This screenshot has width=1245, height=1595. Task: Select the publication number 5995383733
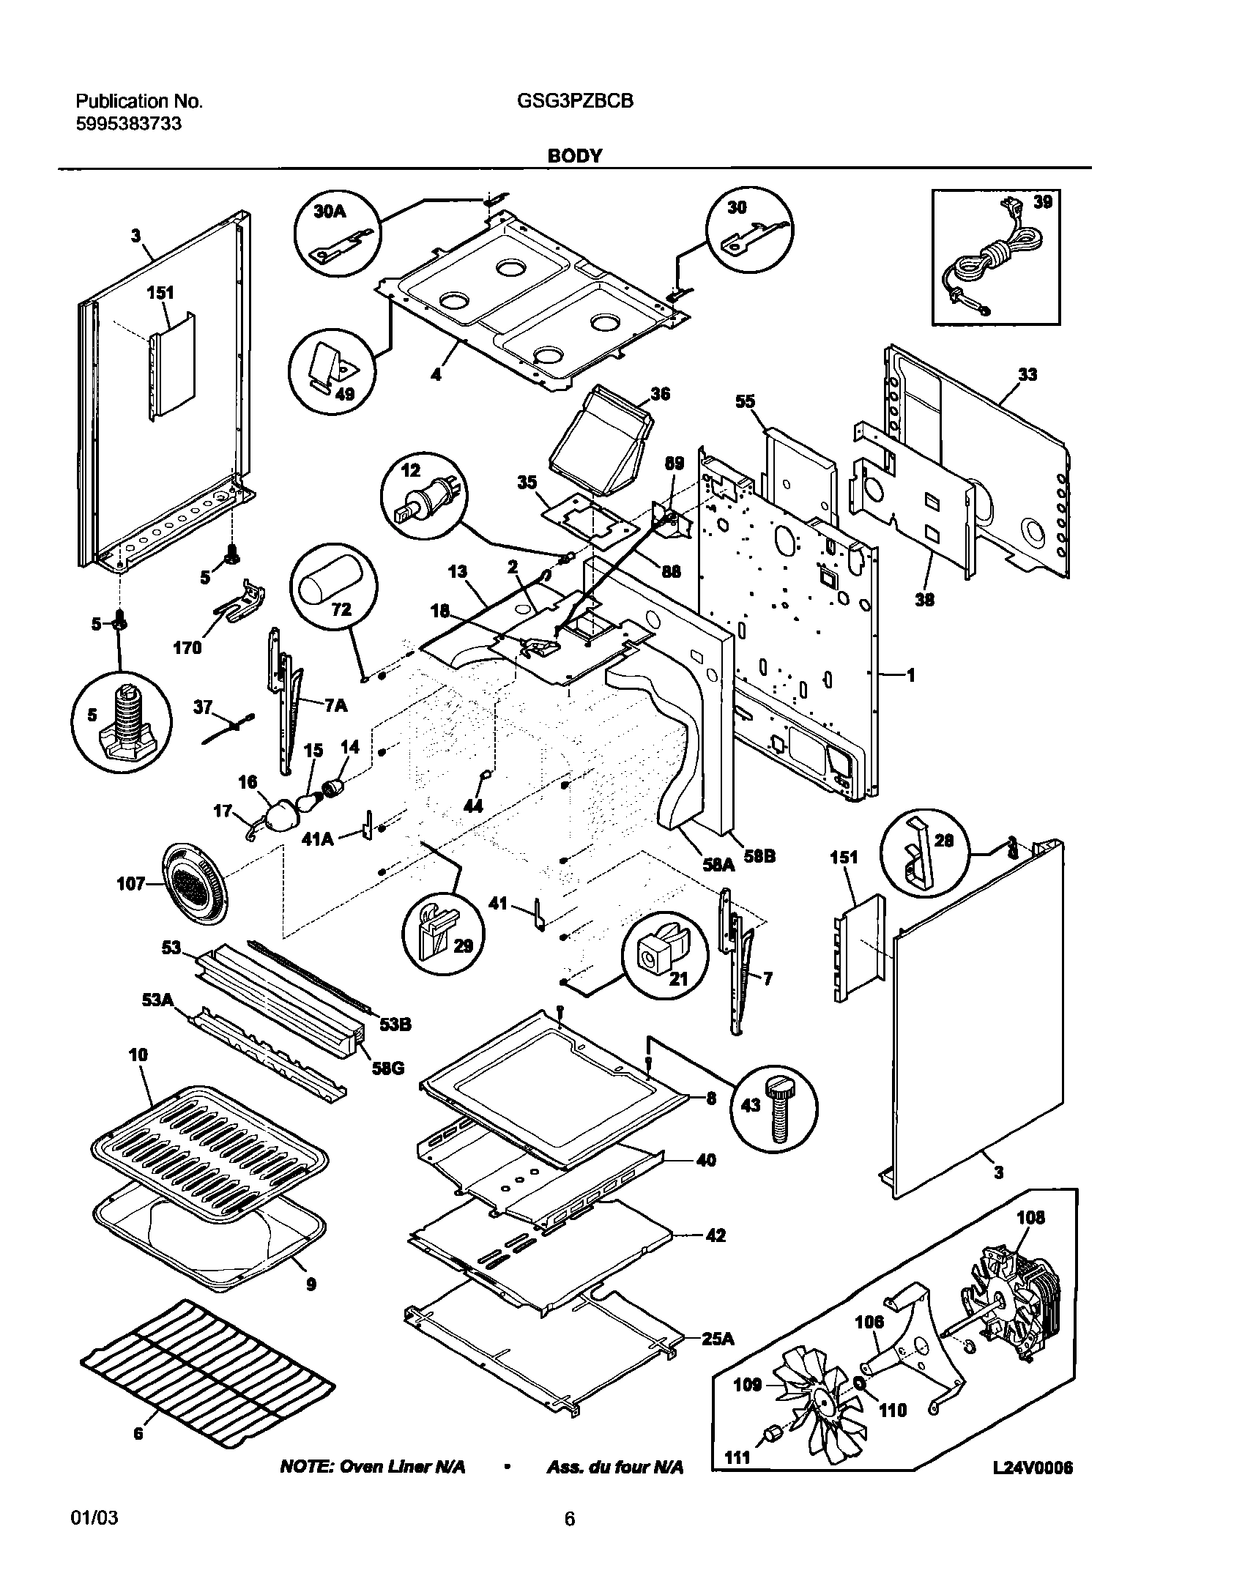click(129, 124)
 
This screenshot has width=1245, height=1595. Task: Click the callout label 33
click(1027, 375)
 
